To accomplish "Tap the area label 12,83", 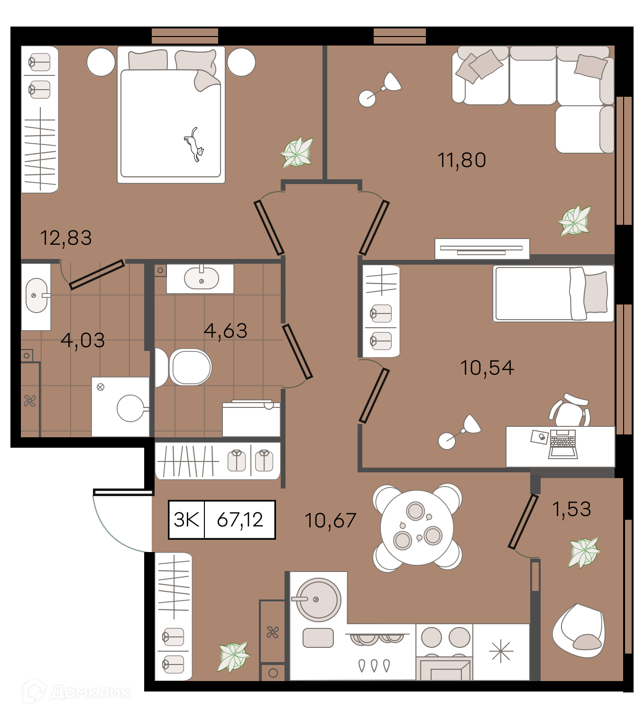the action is tap(66, 238).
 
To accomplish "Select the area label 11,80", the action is tap(461, 160).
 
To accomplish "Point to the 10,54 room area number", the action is tap(487, 368).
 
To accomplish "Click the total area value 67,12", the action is tap(240, 520).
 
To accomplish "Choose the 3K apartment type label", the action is tap(186, 520).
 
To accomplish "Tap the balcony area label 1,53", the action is tap(571, 509).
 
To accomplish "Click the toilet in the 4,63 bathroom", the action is tap(183, 367).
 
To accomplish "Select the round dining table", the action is tap(417, 528).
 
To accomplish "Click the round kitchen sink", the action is tap(318, 600).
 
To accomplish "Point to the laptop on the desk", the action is tap(563, 444).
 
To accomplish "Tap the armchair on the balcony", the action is tap(578, 631).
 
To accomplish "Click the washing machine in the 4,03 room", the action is tap(120, 407).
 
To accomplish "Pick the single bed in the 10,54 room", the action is tap(553, 294).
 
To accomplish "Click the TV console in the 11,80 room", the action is tap(482, 249).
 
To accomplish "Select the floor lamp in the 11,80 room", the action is tap(379, 90).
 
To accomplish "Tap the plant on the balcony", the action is tap(584, 552).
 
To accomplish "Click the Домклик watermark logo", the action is tap(77, 691).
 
